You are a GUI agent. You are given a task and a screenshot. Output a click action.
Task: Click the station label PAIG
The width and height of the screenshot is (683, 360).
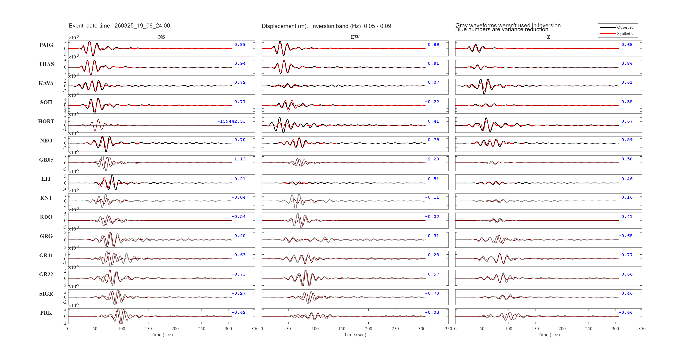(46, 45)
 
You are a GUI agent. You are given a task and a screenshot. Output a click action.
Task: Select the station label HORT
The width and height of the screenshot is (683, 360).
(46, 122)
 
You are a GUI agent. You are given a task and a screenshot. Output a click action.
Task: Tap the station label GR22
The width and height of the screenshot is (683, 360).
(46, 274)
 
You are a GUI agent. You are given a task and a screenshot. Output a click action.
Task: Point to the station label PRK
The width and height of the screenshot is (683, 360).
(46, 313)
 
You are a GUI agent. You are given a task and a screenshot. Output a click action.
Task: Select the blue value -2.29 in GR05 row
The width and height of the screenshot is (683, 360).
(432, 159)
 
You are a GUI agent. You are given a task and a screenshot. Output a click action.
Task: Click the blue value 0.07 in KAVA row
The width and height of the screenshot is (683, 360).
(433, 82)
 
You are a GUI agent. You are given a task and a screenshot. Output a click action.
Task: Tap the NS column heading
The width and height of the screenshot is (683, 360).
(161, 37)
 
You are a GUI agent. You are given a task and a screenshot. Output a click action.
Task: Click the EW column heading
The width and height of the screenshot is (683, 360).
(355, 37)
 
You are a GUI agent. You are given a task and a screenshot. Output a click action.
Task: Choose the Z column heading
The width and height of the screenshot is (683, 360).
(549, 37)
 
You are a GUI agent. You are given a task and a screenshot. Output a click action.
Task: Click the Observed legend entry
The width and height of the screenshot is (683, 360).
(625, 27)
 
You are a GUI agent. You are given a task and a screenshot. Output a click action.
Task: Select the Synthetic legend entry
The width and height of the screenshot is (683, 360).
(625, 33)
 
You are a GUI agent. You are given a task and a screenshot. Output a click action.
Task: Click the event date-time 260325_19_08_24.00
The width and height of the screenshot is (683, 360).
(142, 26)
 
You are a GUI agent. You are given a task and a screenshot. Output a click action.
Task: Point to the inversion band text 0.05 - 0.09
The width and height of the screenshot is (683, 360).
(377, 26)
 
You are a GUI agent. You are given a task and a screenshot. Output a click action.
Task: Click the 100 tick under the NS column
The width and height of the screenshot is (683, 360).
(122, 329)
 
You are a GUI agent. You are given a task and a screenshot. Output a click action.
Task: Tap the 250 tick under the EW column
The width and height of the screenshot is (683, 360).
(395, 329)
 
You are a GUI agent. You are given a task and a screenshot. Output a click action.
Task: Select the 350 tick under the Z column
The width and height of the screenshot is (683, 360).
(642, 329)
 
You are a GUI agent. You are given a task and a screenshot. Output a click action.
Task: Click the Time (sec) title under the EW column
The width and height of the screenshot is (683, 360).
(355, 335)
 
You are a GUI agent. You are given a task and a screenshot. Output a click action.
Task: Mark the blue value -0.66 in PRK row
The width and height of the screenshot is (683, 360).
(625, 312)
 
